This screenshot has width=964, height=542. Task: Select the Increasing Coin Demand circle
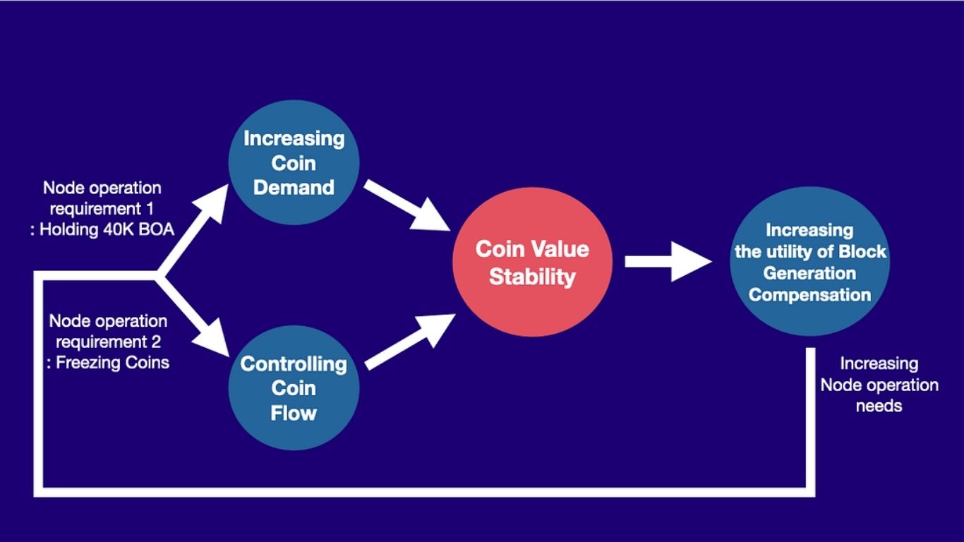coord(294,163)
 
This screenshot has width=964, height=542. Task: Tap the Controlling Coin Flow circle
coord(294,388)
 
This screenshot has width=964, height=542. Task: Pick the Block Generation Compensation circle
coord(809,262)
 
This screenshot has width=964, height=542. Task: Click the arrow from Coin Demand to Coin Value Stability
coord(407,205)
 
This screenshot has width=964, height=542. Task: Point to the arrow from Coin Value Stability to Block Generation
coord(667,262)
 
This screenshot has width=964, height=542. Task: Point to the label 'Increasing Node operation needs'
coord(879,385)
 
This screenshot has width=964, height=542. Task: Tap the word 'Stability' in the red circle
coord(532,277)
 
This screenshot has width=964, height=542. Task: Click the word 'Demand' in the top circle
coord(294,188)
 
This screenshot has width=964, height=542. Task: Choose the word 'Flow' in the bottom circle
coord(294,412)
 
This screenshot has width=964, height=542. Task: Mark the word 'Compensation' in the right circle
coord(809,294)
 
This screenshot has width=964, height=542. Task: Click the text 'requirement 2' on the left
coord(108,342)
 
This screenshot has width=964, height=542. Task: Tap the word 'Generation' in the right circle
coord(809,273)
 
